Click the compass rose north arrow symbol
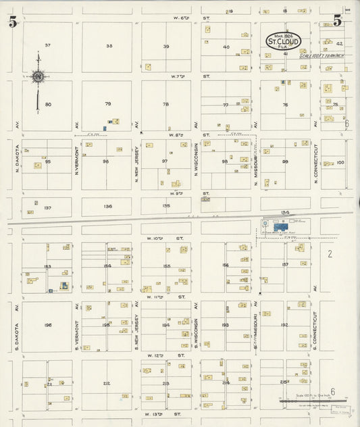[x=38, y=77]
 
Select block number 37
[x=47, y=45]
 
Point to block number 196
[x=47, y=325]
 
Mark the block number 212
[x=107, y=383]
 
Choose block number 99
[x=285, y=161]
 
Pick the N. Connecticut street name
[x=315, y=164]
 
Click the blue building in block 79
[x=105, y=128]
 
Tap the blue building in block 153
[x=63, y=286]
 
